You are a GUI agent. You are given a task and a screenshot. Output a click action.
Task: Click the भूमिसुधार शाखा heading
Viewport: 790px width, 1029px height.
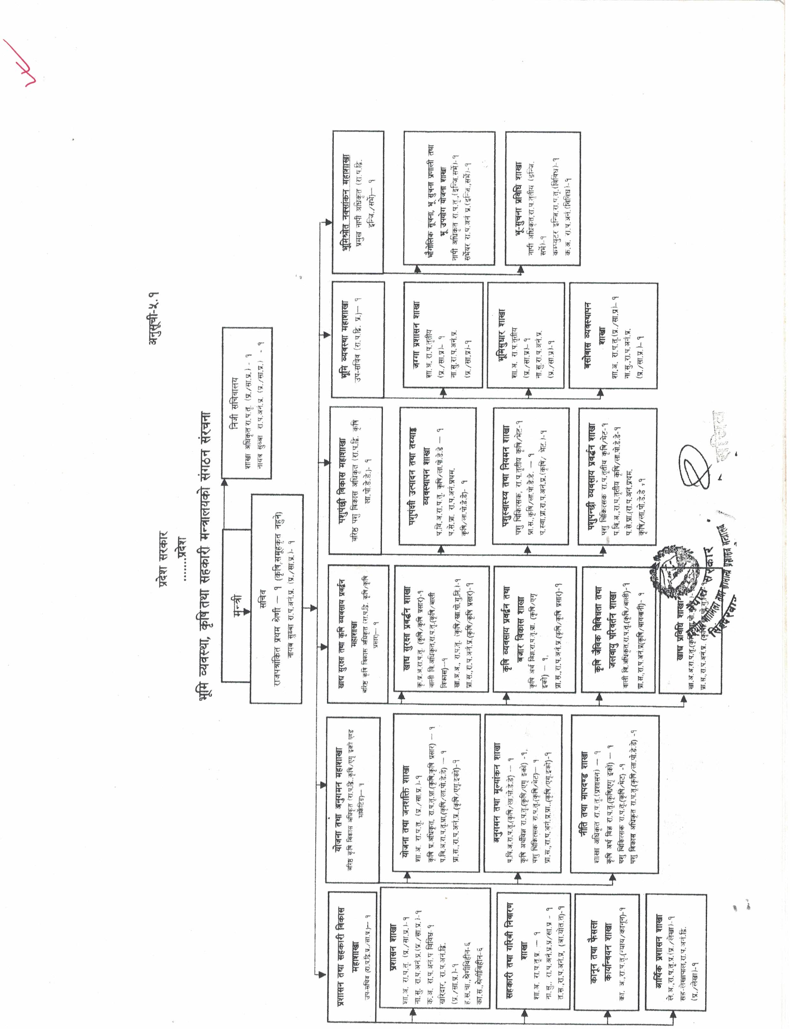[501, 334]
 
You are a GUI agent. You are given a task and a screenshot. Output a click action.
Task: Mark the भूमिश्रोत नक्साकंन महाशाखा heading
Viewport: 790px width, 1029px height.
[346, 202]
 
